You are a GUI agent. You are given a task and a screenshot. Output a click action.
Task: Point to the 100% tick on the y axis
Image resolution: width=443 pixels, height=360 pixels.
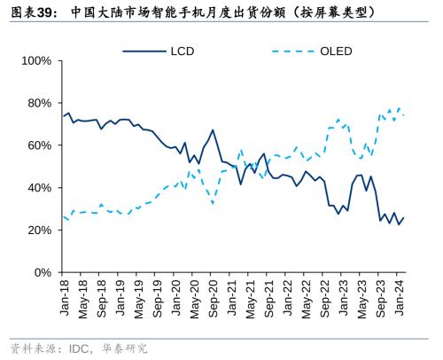(36, 60)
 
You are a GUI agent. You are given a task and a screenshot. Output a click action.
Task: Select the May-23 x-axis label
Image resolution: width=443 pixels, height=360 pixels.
(361, 298)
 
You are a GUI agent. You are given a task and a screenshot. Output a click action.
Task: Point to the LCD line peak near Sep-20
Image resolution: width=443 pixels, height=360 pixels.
(213, 130)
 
